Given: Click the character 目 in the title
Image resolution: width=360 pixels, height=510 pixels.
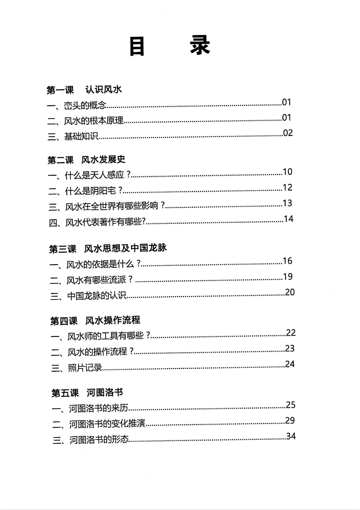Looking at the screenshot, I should [x=137, y=46].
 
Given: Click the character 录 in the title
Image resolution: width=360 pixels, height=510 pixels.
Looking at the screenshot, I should [x=200, y=46].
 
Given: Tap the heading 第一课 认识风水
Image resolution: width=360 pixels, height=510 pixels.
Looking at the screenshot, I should [x=84, y=90].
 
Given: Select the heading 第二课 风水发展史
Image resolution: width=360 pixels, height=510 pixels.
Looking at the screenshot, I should [x=86, y=160].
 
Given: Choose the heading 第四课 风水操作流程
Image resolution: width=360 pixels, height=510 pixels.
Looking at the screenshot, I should [x=95, y=321].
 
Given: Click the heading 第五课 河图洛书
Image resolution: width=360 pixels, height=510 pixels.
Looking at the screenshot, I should [x=87, y=393].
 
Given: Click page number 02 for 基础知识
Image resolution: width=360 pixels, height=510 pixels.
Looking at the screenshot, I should [x=288, y=133].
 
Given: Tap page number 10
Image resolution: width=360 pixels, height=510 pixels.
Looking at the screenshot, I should [x=287, y=172].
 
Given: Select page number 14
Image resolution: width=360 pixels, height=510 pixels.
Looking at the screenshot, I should [x=288, y=219].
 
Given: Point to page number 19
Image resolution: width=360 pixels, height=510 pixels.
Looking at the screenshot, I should [x=288, y=277].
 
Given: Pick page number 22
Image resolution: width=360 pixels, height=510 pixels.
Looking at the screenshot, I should [x=291, y=333].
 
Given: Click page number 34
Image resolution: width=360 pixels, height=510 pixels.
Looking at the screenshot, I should [x=291, y=436].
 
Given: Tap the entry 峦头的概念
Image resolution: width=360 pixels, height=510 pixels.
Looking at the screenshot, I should [x=85, y=106].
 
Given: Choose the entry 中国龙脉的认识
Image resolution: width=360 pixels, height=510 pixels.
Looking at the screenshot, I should [x=97, y=296].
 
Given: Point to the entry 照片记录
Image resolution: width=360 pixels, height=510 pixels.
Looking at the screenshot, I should [x=85, y=368].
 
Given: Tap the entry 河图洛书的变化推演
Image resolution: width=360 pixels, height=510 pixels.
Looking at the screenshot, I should [x=107, y=424].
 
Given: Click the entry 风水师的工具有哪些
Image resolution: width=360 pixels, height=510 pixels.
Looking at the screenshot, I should [x=109, y=336].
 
